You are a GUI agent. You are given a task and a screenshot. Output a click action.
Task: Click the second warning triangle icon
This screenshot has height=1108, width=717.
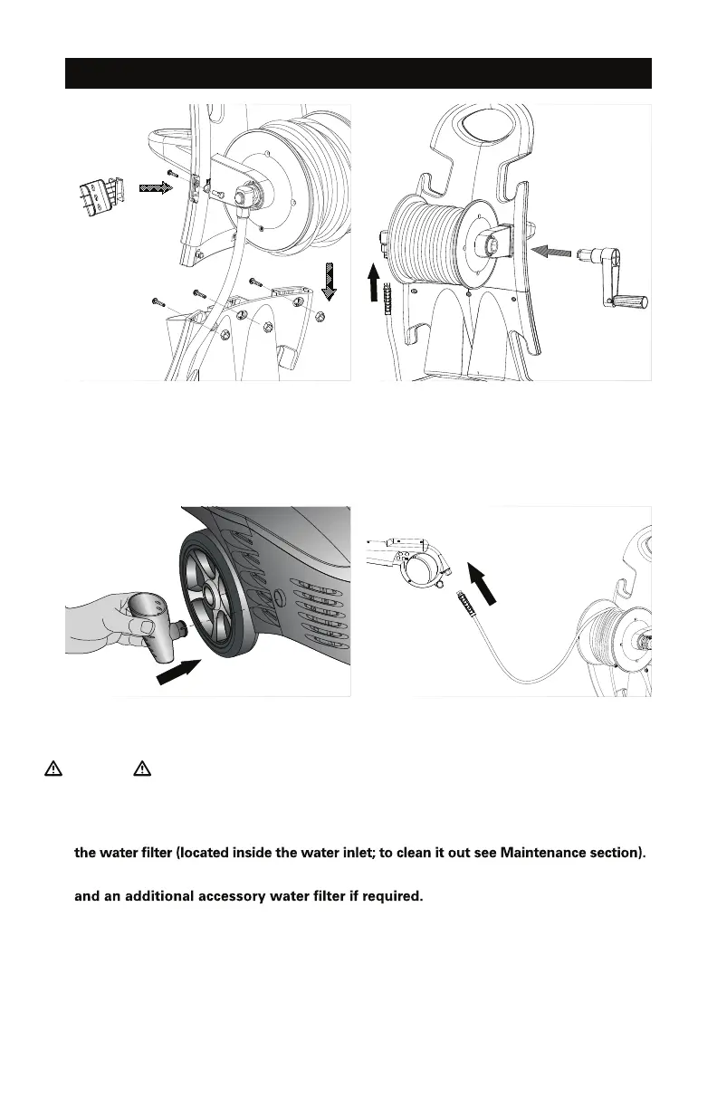click(140, 769)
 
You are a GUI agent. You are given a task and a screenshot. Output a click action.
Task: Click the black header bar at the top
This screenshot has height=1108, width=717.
click(358, 73)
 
